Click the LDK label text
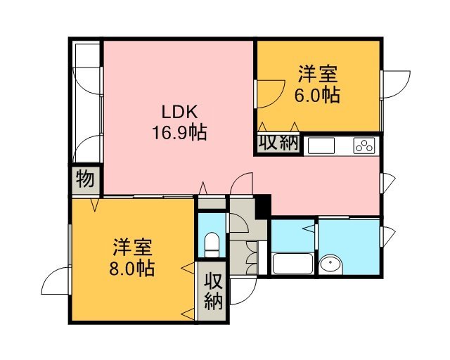tap(180, 112)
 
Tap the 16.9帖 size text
tap(179, 133)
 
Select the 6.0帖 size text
tap(317, 95)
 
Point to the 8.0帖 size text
tap(131, 269)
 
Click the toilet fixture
tap(212, 245)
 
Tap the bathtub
tap(292, 264)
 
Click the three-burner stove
tap(364, 146)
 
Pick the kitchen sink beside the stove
tap(321, 146)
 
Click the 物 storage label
tap(85, 179)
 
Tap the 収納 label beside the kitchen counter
tap(278, 143)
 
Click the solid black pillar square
tap(263, 207)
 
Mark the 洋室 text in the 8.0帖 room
tap(131, 247)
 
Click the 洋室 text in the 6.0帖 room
tap(317, 74)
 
